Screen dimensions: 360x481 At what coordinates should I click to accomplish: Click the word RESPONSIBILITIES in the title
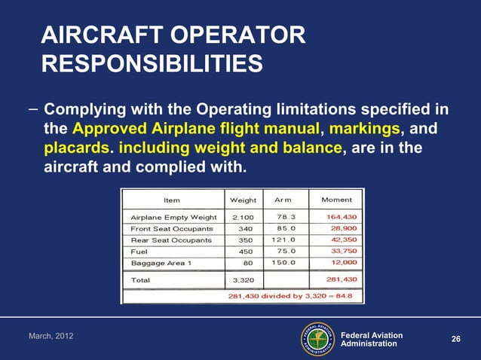pos(152,64)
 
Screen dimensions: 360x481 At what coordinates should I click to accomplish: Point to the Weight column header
pos(243,200)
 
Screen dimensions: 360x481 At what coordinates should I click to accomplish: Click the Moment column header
pos(335,200)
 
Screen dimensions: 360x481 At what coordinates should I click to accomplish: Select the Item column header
pos(171,200)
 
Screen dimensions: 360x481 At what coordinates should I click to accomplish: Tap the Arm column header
pos(283,200)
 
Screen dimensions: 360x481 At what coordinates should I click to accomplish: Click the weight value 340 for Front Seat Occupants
pos(245,228)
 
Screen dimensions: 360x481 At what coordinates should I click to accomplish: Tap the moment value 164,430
pos(341,217)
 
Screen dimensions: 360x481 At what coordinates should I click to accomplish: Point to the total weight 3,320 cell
pos(243,280)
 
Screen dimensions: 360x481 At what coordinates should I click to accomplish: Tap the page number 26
pos(455,340)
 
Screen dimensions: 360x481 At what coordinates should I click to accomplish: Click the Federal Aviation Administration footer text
pos(372,339)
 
